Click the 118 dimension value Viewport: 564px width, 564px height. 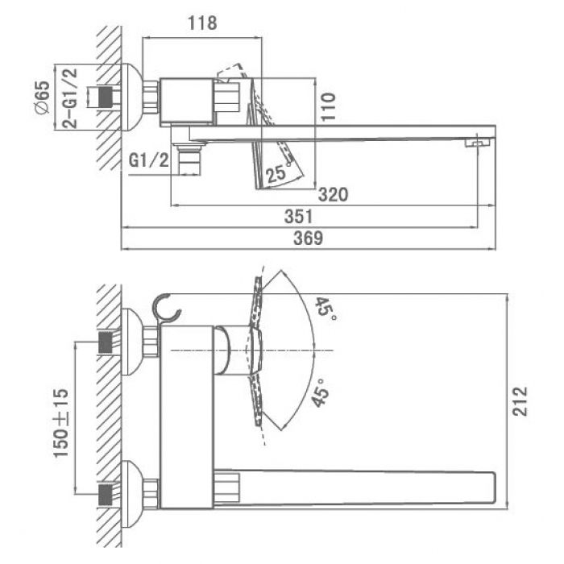202,23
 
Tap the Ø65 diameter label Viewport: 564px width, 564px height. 42,97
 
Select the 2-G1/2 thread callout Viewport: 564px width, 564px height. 70,97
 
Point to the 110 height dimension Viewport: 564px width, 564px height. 328,107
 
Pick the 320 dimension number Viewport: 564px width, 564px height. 333,195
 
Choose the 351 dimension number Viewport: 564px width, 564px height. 298,217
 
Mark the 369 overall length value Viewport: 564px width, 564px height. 309,238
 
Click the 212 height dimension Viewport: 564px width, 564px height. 520,401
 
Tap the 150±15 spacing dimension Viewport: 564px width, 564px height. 60,423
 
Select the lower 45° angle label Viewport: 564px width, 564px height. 320,392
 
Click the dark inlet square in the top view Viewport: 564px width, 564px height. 105,97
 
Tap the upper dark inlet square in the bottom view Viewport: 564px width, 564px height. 105,342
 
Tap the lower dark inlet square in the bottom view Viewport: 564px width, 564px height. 105,495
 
